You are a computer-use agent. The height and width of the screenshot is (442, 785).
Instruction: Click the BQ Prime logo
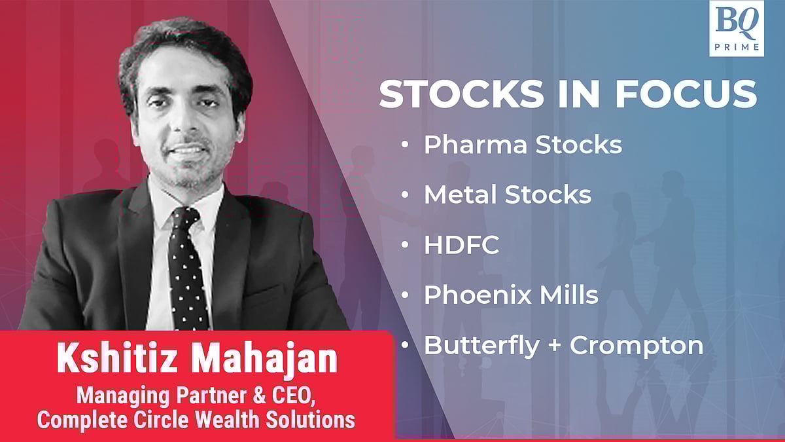click(737, 28)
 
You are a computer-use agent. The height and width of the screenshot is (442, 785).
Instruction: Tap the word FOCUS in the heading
click(686, 94)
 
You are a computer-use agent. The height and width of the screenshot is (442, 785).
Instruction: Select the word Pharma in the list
click(475, 145)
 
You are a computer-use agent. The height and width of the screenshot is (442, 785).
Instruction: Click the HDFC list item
click(462, 244)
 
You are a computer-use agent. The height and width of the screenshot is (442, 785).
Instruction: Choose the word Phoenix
click(478, 295)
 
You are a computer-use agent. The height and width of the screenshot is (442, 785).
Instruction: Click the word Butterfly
click(481, 346)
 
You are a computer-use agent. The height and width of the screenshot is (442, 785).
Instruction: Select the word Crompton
click(637, 346)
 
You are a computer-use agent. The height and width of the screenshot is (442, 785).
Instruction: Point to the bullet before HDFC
click(405, 244)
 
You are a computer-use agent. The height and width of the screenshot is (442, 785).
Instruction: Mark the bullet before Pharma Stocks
click(405, 144)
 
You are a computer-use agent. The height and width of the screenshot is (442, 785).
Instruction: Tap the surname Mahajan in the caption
click(264, 360)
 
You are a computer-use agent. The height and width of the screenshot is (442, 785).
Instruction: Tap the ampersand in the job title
click(259, 396)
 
